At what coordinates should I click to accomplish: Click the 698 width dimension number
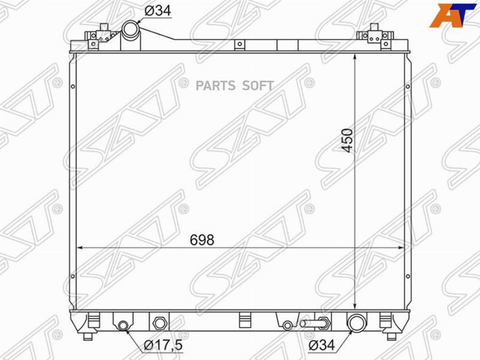coord(202,240)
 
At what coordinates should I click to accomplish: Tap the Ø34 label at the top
coord(158,11)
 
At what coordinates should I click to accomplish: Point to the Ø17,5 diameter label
coord(163,345)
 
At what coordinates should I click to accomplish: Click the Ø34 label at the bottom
coord(322,345)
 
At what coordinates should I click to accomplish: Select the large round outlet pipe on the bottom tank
coord(356,322)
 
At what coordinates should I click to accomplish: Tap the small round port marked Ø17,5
coord(123,325)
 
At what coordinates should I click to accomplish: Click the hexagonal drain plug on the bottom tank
coord(159,322)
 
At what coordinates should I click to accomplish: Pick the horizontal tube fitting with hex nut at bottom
coord(315,323)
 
